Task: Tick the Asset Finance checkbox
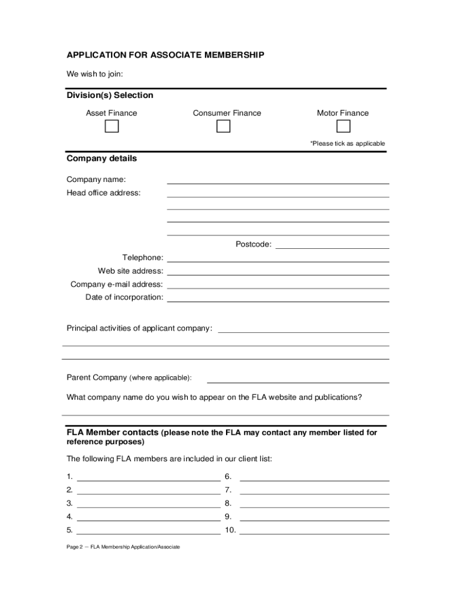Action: tap(112, 127)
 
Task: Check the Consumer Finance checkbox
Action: tap(223, 127)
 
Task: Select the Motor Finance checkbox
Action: tap(343, 127)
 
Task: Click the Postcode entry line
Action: tap(332, 246)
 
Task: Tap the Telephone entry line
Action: tap(278, 259)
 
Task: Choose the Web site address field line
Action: tap(278, 272)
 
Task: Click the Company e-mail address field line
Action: tap(278, 286)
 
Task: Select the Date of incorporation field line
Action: tap(278, 299)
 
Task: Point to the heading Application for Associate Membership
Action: tap(165, 55)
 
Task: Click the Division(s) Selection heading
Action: tap(110, 95)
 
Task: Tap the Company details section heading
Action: tap(102, 158)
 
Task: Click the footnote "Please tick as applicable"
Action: tap(348, 143)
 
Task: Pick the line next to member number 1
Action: tap(148, 478)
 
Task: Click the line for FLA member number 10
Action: tap(314, 532)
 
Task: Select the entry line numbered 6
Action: tap(314, 478)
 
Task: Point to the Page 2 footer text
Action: tap(123, 547)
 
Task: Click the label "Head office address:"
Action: tap(103, 193)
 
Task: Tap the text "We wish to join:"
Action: tap(95, 74)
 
